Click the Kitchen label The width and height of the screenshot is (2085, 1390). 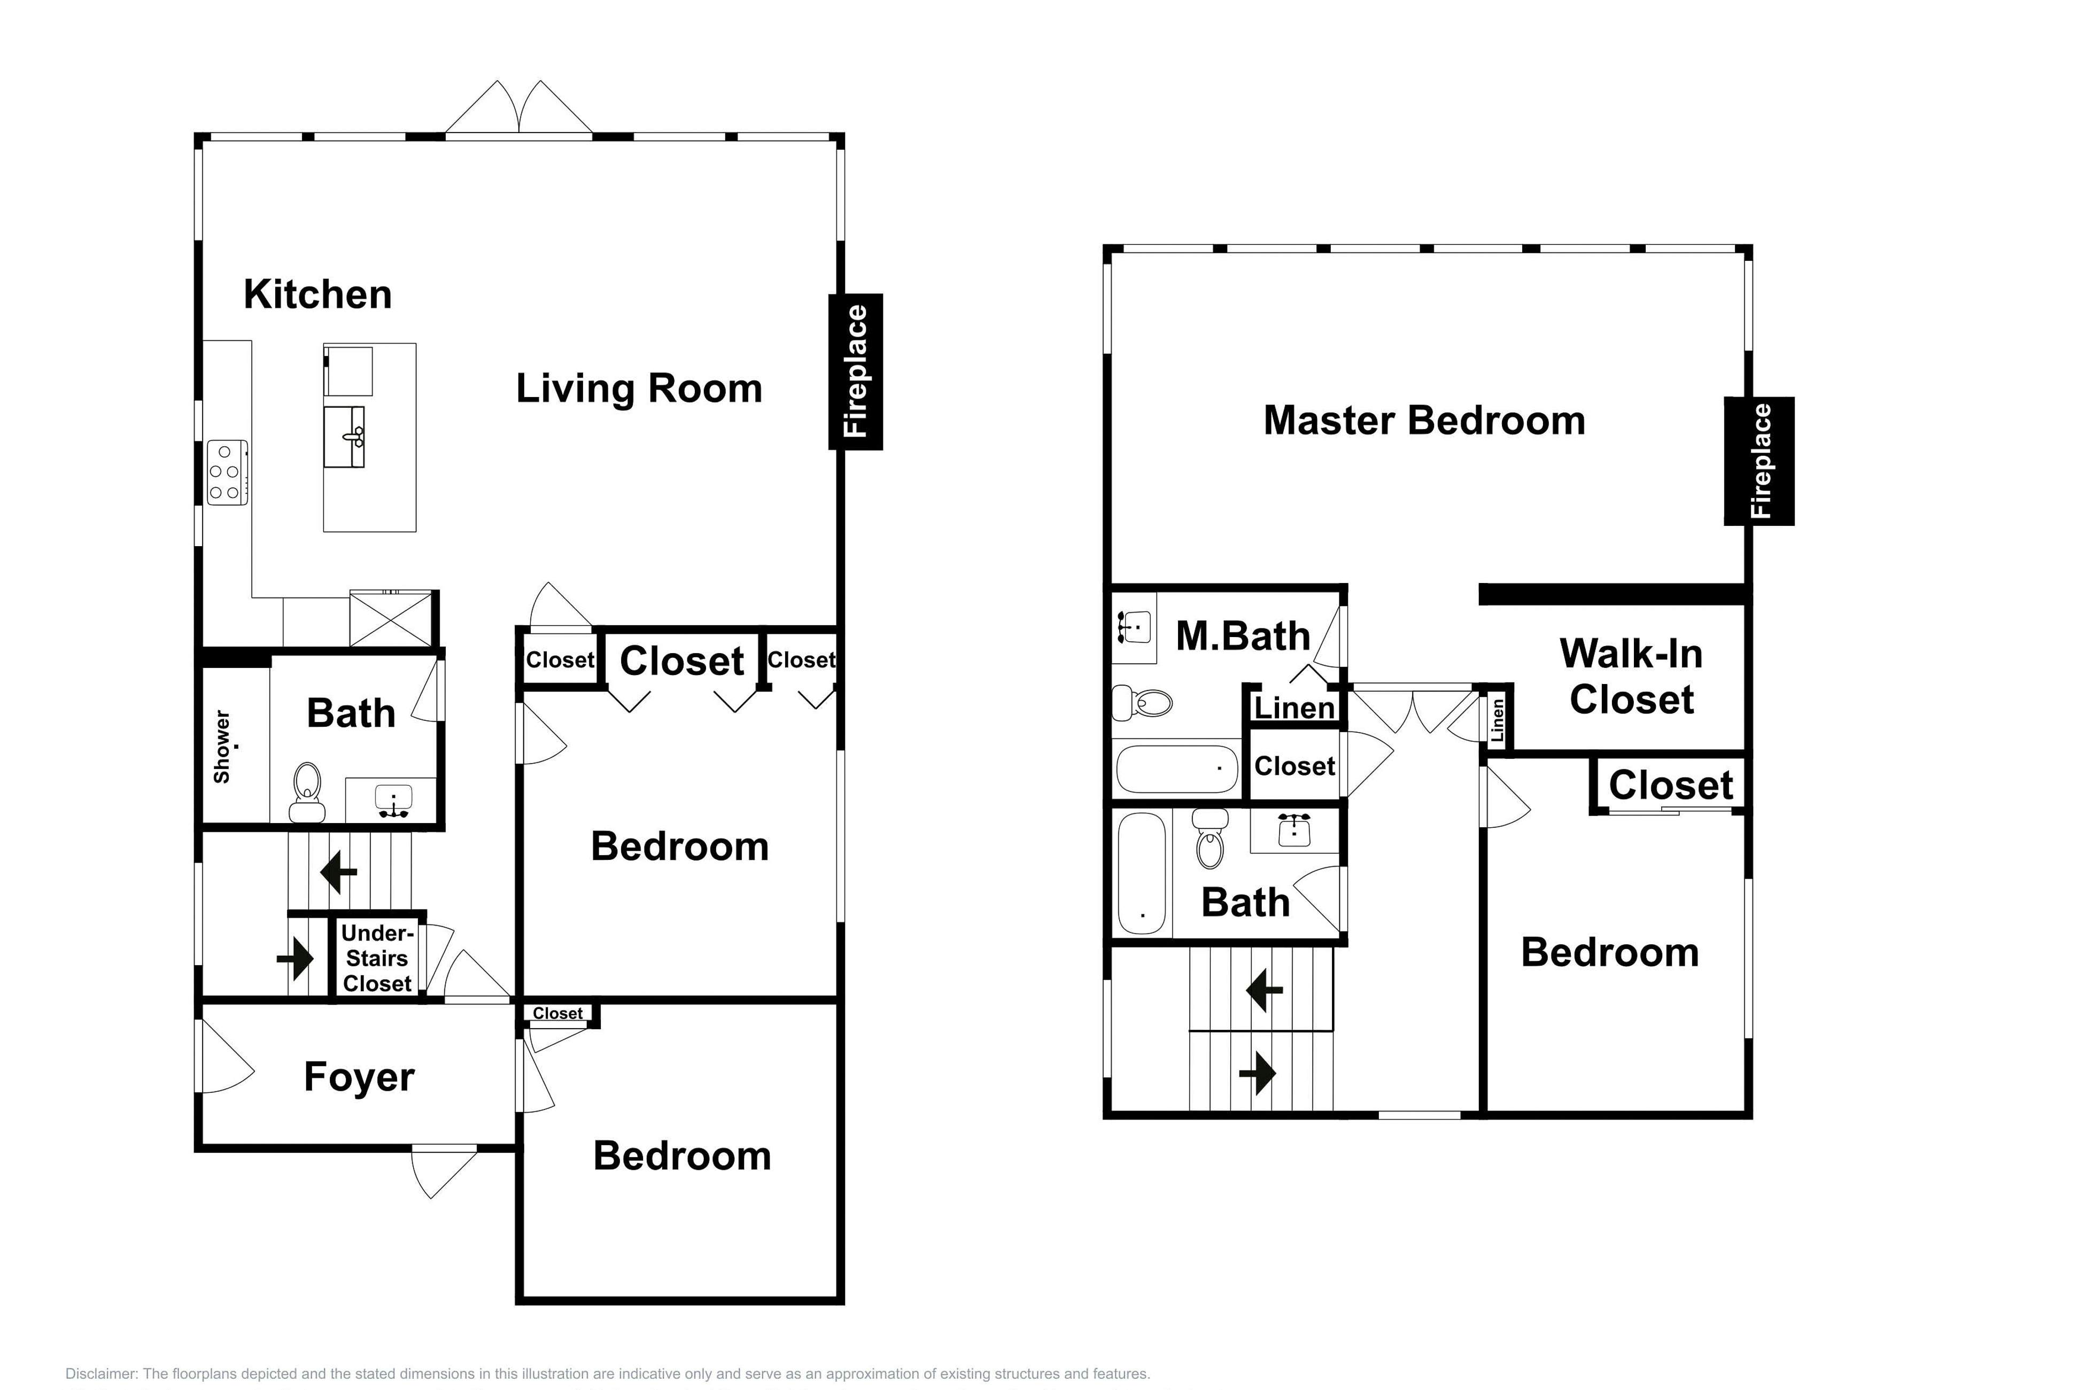317,294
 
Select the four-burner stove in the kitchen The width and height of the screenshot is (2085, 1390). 227,472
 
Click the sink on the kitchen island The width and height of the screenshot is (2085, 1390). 345,436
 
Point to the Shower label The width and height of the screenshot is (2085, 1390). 222,747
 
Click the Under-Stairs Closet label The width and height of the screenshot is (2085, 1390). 377,958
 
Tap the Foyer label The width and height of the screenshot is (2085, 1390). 359,1077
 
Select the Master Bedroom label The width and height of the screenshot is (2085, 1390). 1424,420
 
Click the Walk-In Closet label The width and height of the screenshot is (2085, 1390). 1631,677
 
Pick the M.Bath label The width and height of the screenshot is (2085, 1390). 1243,635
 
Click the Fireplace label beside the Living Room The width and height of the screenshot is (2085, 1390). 856,371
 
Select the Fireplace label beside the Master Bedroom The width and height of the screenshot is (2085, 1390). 1760,461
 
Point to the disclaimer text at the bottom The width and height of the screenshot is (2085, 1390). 607,1373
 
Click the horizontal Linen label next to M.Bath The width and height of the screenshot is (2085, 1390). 1295,708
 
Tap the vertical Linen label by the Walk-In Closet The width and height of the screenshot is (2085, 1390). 1497,720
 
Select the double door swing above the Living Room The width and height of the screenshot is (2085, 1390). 518,108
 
